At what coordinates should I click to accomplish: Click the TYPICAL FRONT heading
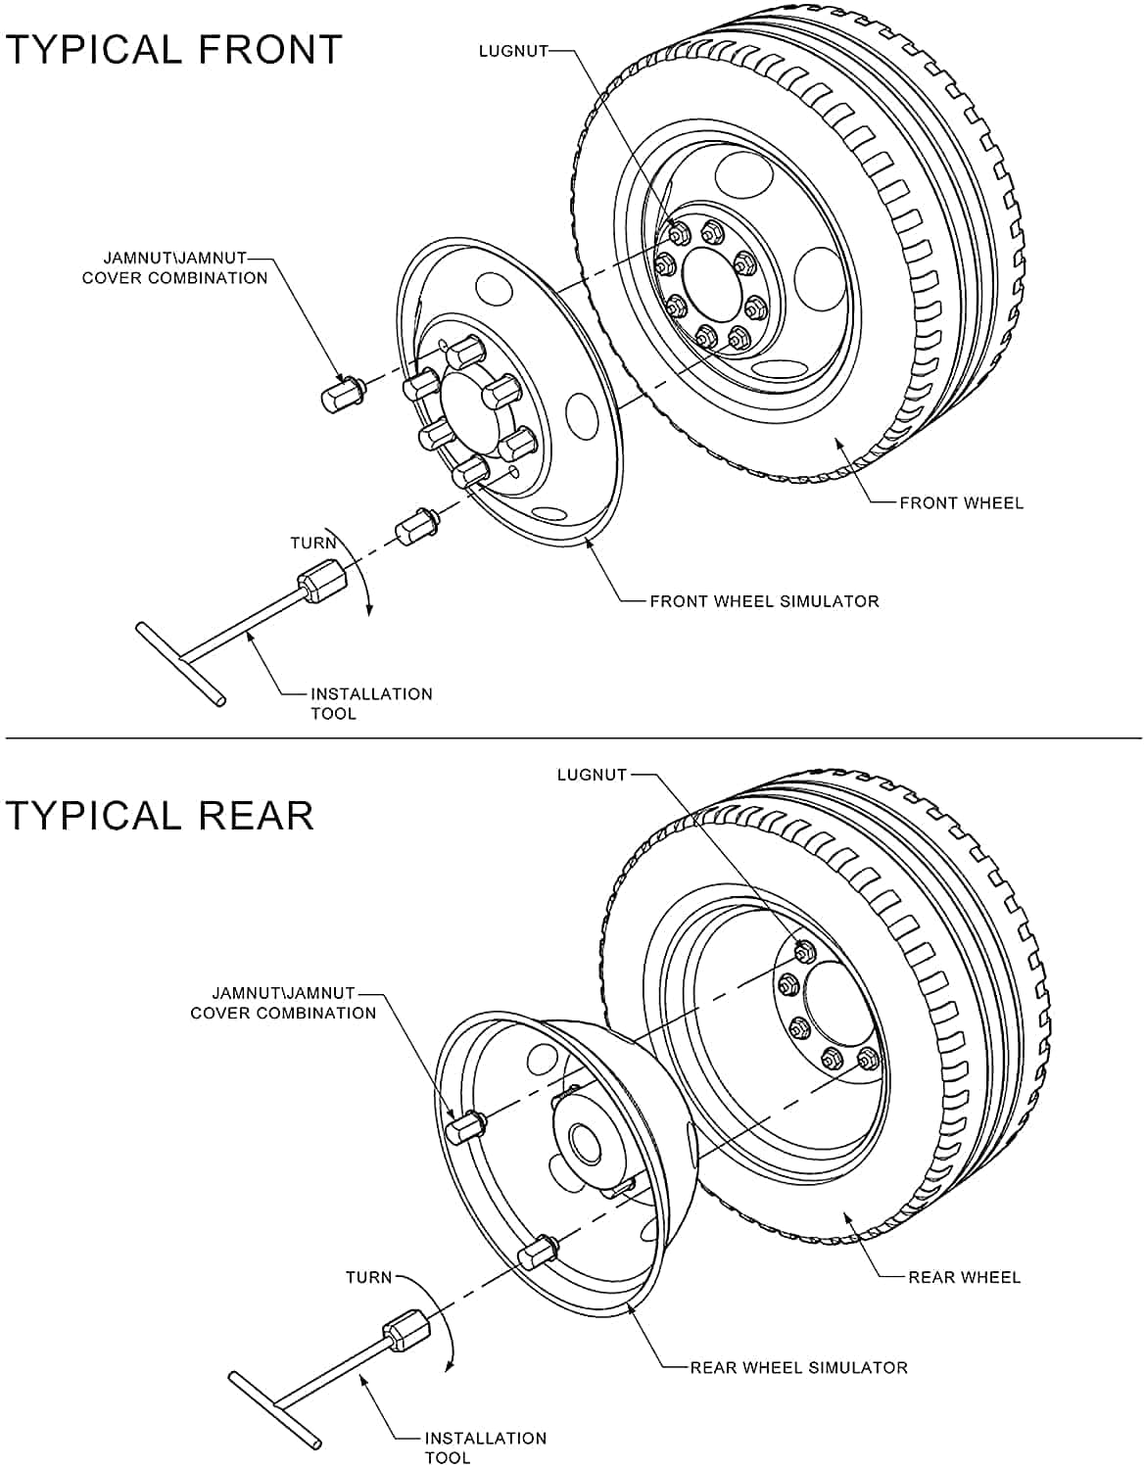click(x=173, y=49)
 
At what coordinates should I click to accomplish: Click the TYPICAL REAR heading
click(x=160, y=815)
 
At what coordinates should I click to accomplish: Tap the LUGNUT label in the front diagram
click(x=512, y=51)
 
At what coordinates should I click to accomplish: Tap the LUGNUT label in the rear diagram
click(x=592, y=775)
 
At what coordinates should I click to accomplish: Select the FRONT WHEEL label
click(x=961, y=503)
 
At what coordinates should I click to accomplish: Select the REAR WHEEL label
click(x=964, y=1277)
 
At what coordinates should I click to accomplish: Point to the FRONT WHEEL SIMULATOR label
click(x=764, y=601)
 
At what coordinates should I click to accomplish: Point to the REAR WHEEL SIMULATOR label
click(x=798, y=1367)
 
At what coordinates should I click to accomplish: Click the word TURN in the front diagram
click(x=313, y=544)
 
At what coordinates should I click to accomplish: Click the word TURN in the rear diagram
click(x=368, y=1278)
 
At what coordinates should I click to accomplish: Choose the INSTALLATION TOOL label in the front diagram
click(x=371, y=703)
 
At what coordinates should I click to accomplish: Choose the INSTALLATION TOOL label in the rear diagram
click(x=485, y=1447)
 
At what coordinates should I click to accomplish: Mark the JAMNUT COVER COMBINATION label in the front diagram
click(x=174, y=268)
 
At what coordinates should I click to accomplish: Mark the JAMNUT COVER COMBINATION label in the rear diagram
click(x=283, y=1003)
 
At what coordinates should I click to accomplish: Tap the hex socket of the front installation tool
click(x=322, y=580)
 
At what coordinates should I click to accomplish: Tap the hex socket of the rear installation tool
click(x=406, y=1331)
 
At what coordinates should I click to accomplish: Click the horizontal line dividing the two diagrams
click(x=572, y=737)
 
